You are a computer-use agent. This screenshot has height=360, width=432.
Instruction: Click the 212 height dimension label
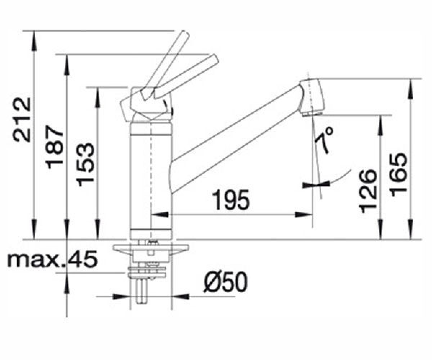point(22,120)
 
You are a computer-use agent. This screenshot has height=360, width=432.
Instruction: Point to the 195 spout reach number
point(232,200)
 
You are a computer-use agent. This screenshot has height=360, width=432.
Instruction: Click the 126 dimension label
point(368,191)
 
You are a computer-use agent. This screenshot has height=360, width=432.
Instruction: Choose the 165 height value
point(399,175)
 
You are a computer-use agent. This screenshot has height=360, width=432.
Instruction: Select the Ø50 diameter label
point(225,282)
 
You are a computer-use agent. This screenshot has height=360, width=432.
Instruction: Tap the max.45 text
point(52,259)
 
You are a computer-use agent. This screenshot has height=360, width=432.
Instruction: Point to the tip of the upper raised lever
point(186,34)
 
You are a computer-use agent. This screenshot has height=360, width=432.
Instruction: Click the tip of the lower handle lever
point(215,58)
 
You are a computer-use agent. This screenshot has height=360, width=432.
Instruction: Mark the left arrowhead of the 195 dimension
point(160,215)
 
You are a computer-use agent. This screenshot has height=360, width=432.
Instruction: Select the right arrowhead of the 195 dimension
point(304,215)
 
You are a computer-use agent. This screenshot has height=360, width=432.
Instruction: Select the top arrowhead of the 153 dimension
point(97,97)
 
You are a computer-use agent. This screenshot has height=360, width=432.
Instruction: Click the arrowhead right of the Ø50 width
point(180,297)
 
